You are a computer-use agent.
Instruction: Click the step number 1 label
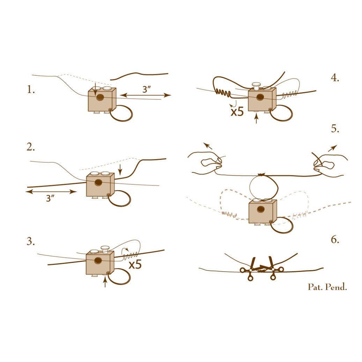(x=31, y=89)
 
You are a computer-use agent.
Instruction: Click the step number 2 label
(x=31, y=147)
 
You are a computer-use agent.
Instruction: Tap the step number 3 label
(x=31, y=241)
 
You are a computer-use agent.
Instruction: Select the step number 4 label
(x=335, y=78)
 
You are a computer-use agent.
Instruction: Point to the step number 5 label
(x=335, y=128)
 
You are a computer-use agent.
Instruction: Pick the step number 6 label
(x=335, y=239)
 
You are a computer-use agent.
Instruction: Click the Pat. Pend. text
(x=327, y=287)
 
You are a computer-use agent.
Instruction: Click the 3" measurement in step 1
(x=147, y=89)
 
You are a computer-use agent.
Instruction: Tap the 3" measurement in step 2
(x=50, y=198)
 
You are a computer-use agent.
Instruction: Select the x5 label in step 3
(x=135, y=264)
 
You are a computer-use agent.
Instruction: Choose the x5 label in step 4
(x=237, y=112)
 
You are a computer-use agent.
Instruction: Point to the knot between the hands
(x=261, y=175)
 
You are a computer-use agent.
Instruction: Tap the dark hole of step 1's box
(x=100, y=97)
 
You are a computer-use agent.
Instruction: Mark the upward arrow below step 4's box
(x=256, y=119)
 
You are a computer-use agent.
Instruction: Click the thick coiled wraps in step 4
(x=223, y=93)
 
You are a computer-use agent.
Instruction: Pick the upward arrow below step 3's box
(x=105, y=282)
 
